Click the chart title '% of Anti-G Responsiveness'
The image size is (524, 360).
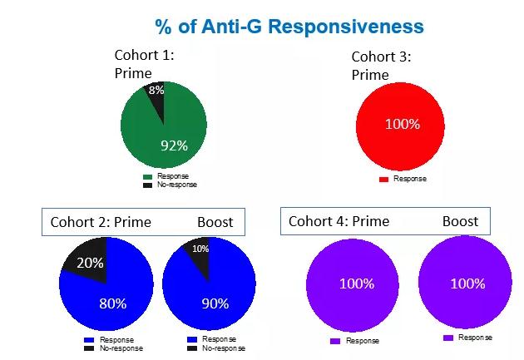(x=289, y=27)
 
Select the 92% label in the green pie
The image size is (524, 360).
(x=174, y=145)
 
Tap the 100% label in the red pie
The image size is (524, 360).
(x=403, y=124)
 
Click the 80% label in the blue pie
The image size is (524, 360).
(x=113, y=303)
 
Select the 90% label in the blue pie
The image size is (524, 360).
(x=215, y=303)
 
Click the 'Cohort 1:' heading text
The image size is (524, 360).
(x=145, y=55)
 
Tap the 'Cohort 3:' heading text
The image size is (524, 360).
(x=381, y=57)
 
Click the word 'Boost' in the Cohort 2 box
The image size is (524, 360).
(x=215, y=222)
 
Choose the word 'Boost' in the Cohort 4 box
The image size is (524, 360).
(x=460, y=221)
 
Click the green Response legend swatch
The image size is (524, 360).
(x=147, y=176)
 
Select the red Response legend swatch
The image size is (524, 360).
(x=383, y=180)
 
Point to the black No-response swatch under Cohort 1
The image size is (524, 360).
(x=147, y=185)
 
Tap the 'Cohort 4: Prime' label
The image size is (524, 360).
(x=339, y=221)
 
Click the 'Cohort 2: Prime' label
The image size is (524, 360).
(x=101, y=222)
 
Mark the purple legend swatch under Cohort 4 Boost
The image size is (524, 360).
(x=448, y=338)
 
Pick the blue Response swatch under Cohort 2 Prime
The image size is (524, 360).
(x=89, y=340)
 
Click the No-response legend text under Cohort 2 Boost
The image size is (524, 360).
(x=224, y=348)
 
